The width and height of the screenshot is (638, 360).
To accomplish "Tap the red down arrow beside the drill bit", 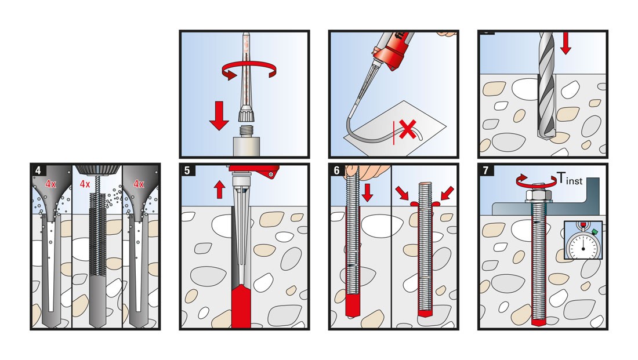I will [566, 44].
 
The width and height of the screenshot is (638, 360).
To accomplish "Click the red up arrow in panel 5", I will [220, 188].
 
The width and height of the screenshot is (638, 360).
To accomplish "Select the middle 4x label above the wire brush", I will [85, 184].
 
